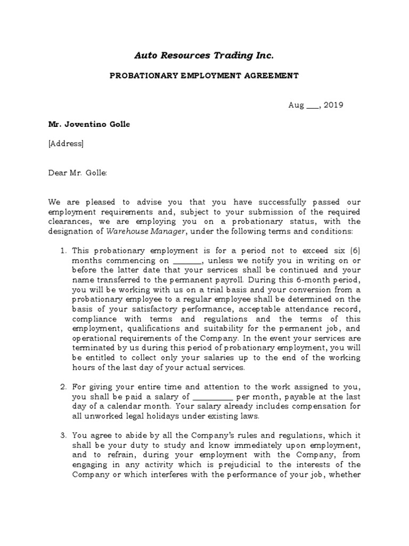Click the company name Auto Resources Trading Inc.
click(204, 55)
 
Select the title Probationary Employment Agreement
click(204, 76)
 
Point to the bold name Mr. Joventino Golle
click(89, 124)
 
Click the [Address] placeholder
click(66, 143)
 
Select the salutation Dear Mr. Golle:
click(78, 173)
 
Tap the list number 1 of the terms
click(62, 251)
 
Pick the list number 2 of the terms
click(62, 387)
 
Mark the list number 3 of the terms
click(62, 436)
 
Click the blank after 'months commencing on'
click(187, 261)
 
